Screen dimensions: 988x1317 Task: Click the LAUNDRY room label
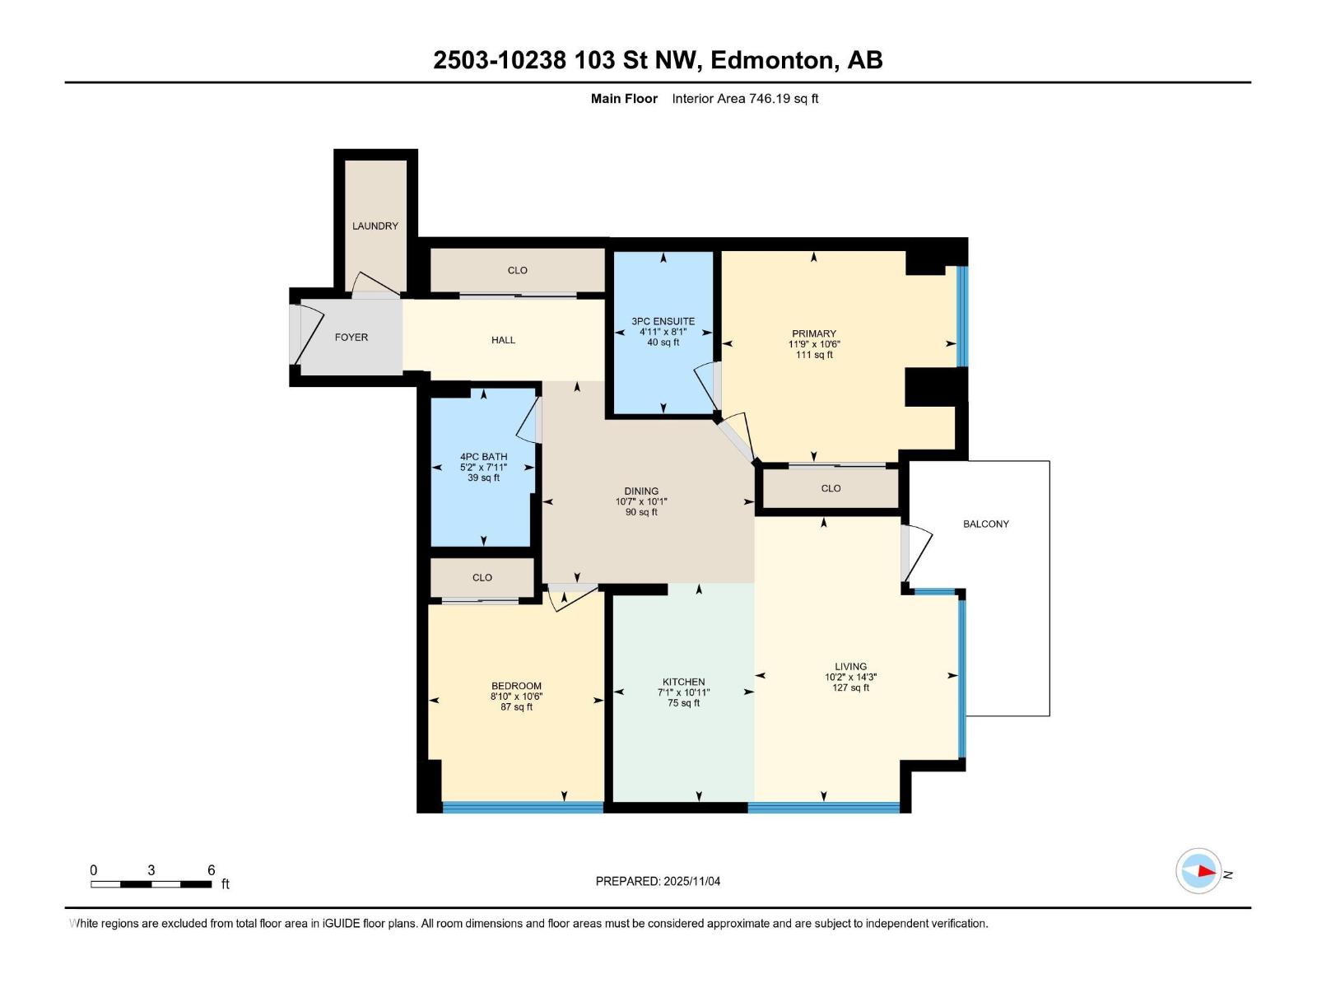[x=375, y=226]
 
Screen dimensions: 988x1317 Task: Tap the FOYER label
[x=351, y=337]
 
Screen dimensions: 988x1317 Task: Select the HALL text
[x=503, y=339]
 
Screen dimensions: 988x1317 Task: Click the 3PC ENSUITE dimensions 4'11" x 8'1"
[x=663, y=332]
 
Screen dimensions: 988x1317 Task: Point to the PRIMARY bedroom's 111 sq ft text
[x=814, y=355]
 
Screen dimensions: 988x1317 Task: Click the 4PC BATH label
[x=483, y=456]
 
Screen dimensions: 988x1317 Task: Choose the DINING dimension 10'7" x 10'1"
[x=641, y=501]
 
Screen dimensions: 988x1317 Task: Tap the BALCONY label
[x=985, y=524]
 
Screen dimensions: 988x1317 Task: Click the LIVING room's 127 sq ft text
[x=850, y=687]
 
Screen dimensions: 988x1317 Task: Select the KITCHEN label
[x=683, y=682]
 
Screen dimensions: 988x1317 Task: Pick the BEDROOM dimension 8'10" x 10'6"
[x=516, y=697]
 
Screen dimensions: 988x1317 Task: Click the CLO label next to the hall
[x=517, y=270]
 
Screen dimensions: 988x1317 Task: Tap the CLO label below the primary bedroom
[x=831, y=488]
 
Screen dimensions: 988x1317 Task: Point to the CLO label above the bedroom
[x=482, y=577]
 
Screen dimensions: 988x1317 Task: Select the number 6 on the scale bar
[x=211, y=870]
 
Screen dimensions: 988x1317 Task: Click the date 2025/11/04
[x=691, y=881]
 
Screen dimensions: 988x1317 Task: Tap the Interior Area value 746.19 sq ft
[x=783, y=99]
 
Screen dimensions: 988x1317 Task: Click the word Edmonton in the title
[x=772, y=60]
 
